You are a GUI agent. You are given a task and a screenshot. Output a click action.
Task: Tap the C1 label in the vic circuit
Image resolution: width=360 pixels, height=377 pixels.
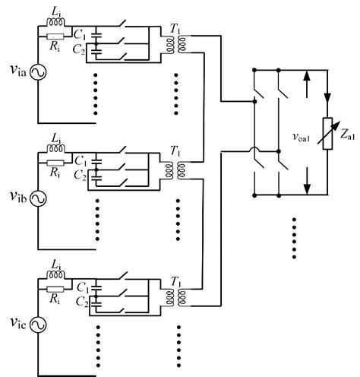80,288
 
